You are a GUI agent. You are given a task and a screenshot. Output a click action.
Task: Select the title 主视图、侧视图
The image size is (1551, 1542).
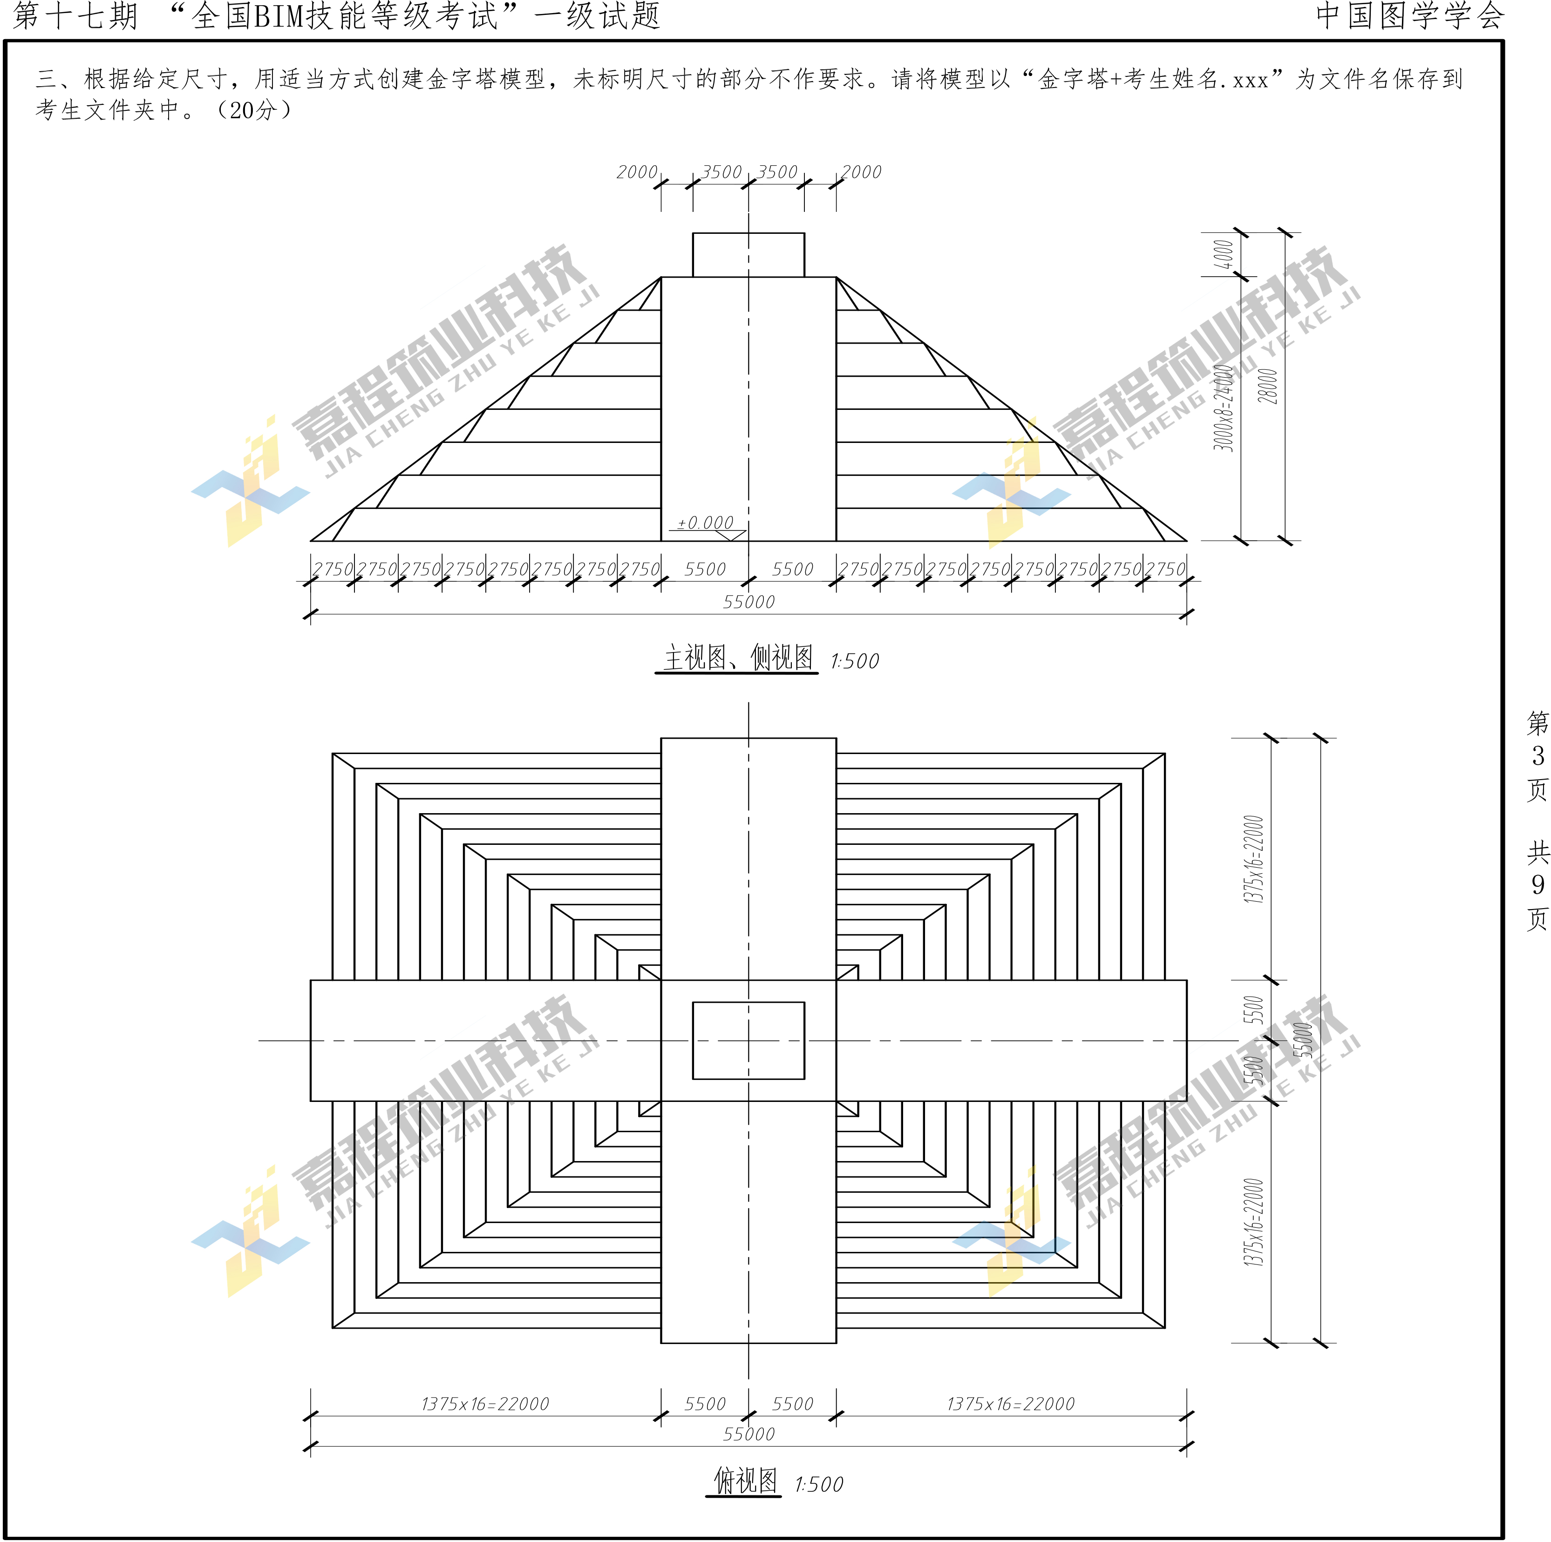[x=737, y=658]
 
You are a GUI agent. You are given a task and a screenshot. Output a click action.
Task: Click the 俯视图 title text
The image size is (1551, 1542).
[x=745, y=1481]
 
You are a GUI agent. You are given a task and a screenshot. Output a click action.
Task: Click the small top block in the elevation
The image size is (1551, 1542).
[x=748, y=255]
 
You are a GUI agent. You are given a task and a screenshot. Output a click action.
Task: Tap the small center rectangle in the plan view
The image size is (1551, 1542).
[x=748, y=1040]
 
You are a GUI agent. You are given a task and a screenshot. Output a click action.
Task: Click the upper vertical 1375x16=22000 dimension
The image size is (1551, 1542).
[x=1253, y=859]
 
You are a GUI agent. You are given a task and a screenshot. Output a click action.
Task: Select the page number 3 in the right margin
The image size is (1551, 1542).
[x=1537, y=755]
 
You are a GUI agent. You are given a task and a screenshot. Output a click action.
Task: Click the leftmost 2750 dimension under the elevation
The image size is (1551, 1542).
[x=333, y=569]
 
